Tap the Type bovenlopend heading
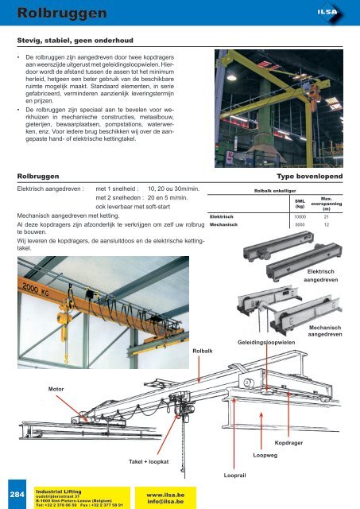tap(309, 176)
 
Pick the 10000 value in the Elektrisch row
tap(300, 216)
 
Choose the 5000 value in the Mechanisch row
tap(300, 225)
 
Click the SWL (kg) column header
tap(299, 203)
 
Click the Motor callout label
tap(56, 390)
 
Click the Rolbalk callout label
tap(203, 348)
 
